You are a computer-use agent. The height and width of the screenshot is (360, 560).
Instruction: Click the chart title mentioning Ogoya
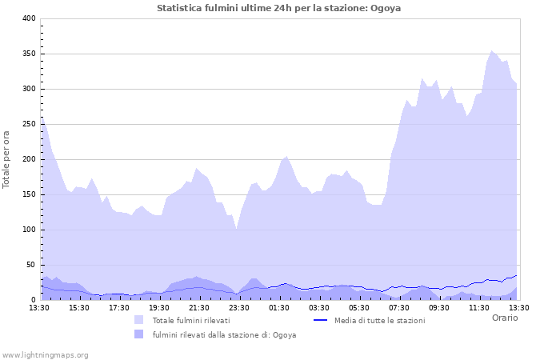pos(279,8)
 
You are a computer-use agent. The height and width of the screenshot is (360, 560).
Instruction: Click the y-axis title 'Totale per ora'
pos(7,158)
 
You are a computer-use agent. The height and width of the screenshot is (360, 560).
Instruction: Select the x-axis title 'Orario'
pos(504,318)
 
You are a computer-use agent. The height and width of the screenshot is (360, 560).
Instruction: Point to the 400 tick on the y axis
pos(28,18)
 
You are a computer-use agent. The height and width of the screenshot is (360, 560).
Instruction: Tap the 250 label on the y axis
pos(28,124)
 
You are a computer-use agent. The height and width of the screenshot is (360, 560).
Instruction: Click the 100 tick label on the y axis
pos(28,230)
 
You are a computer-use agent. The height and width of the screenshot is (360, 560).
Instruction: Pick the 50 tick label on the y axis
pos(30,265)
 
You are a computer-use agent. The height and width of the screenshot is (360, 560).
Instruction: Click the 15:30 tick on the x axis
pos(79,307)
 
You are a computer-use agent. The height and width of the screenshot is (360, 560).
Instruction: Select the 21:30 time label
pos(199,307)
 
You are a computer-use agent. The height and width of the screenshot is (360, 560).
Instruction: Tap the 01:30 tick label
pos(279,307)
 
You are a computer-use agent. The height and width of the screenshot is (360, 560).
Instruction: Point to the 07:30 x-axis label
pos(399,307)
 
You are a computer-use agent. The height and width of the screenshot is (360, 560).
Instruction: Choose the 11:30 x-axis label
pos(479,307)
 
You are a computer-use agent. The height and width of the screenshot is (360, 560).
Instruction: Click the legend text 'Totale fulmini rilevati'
pos(191,320)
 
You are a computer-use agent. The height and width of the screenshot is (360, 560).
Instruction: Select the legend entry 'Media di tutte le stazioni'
pos(379,320)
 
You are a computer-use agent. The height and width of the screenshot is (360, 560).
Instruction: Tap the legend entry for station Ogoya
pos(224,334)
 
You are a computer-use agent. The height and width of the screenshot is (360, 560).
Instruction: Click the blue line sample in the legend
pos(320,320)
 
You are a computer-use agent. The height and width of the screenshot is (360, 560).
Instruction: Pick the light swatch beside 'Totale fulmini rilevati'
pos(139,320)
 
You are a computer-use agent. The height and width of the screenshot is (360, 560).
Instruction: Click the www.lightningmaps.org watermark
pos(45,354)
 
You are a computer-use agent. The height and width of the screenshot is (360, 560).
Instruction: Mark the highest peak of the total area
pos(492,51)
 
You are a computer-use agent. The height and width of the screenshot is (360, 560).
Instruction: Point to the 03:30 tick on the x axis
pos(319,307)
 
